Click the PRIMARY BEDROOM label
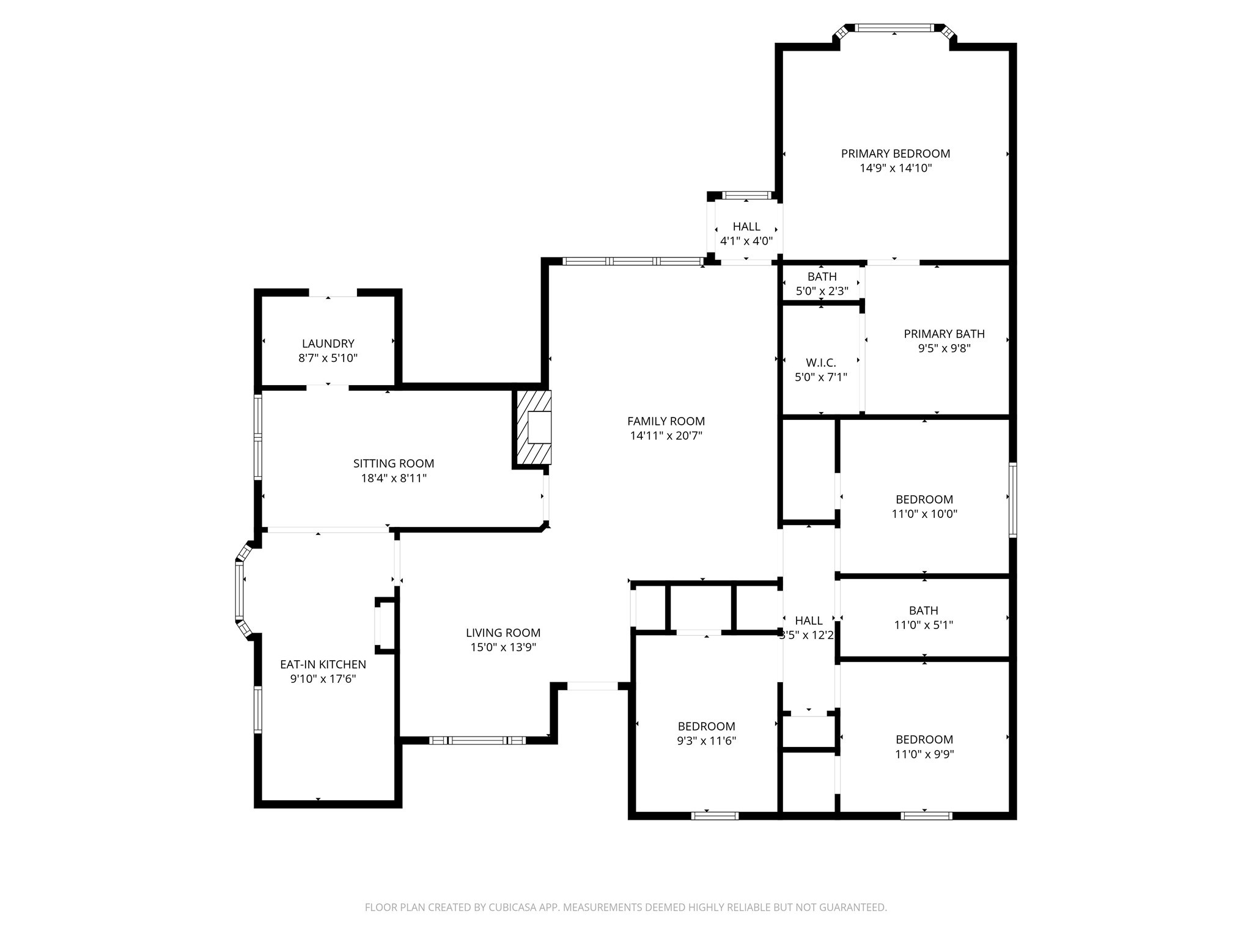click(895, 153)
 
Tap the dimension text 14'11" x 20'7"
click(666, 436)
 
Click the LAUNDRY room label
click(328, 344)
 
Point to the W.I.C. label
click(820, 363)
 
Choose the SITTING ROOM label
click(393, 463)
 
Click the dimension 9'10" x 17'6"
click(323, 679)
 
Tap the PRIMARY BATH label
click(944, 334)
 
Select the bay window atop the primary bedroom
click(894, 28)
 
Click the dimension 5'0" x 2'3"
click(822, 292)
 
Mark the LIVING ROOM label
click(503, 633)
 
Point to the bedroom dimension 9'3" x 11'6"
click(706, 741)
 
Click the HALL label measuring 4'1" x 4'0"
click(746, 227)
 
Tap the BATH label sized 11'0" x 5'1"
click(923, 610)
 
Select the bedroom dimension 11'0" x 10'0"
click(924, 514)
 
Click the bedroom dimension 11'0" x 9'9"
click(924, 754)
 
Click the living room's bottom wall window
click(477, 740)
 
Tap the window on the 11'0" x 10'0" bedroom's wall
click(1012, 500)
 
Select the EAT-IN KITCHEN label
click(323, 664)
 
